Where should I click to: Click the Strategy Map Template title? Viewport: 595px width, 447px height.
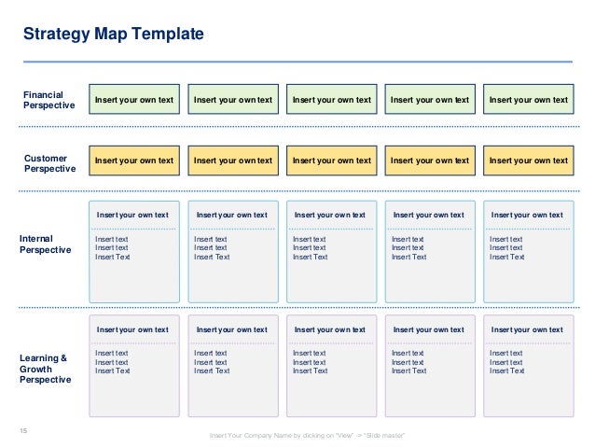click(x=113, y=35)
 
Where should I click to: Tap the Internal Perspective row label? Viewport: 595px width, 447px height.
click(x=46, y=244)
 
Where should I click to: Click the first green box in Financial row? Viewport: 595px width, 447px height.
click(x=134, y=100)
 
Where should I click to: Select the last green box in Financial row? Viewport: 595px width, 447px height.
click(x=528, y=100)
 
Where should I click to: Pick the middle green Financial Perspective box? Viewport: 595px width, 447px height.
click(x=331, y=100)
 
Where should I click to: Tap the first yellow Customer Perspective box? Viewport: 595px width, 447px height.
click(x=134, y=161)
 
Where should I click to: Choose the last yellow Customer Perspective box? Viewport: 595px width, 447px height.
click(x=528, y=161)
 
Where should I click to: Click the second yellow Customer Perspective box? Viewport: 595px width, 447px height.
click(x=233, y=161)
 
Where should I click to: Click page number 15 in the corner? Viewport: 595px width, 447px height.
click(x=24, y=430)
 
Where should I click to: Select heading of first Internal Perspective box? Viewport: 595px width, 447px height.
click(x=133, y=216)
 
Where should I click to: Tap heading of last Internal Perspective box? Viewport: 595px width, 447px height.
click(x=528, y=216)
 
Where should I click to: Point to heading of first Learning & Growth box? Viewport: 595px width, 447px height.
click(x=133, y=329)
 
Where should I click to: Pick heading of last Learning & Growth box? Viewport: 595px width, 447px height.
click(x=528, y=329)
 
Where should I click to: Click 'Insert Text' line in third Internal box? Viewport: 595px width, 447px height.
click(x=310, y=257)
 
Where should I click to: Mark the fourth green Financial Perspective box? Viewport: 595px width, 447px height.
click(x=430, y=100)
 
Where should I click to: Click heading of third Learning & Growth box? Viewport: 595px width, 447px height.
click(x=331, y=329)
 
